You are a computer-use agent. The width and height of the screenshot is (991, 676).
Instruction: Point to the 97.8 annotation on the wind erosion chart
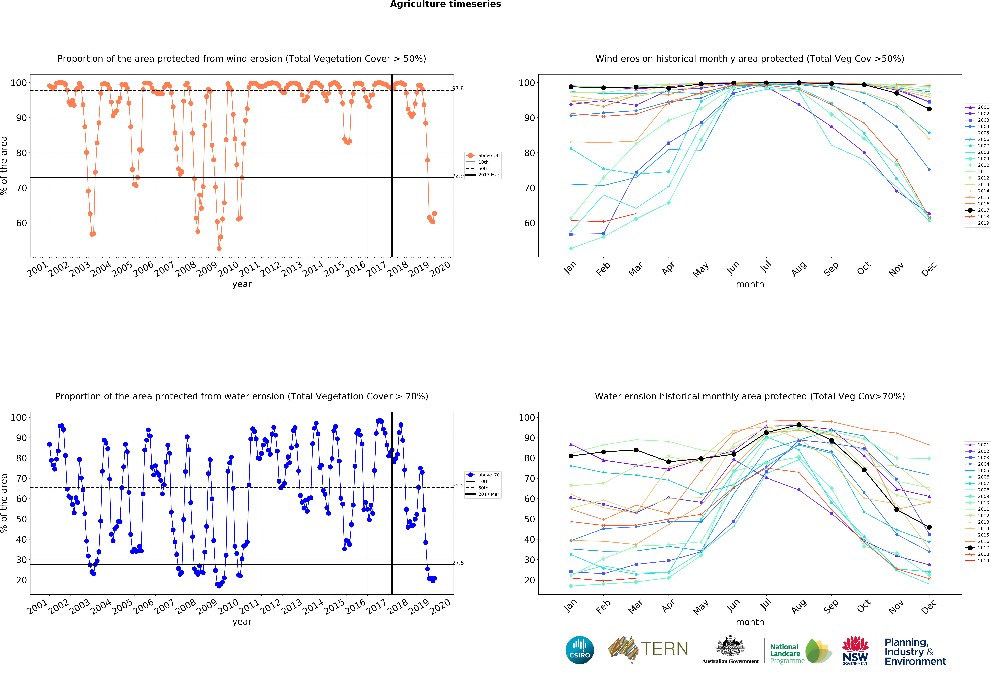458,88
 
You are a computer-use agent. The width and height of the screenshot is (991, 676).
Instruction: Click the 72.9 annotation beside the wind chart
458,175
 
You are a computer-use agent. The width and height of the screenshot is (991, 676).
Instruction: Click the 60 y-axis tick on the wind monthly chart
529,223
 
